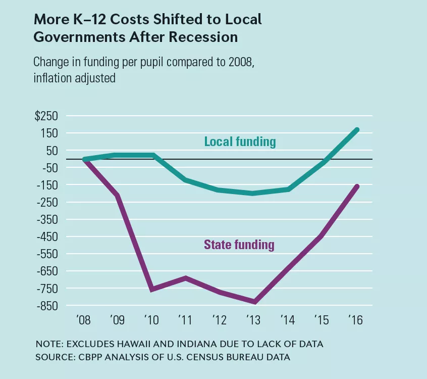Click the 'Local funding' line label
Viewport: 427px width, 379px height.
240,141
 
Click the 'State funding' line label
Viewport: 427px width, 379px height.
239,245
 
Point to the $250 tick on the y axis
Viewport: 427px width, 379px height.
46,116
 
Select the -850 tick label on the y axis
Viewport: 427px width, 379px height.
47,306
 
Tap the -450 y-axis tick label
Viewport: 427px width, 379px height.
47,236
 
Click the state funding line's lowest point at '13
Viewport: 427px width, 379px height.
254,302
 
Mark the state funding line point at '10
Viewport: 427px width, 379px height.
151,289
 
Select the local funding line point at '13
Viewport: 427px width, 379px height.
254,194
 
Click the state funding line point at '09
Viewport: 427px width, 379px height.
118,195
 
